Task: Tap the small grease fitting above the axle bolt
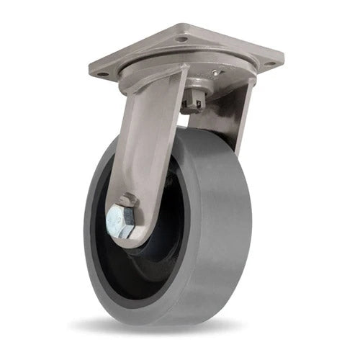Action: pyautogui.click(x=128, y=198)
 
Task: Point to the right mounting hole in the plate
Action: pyautogui.click(x=271, y=63)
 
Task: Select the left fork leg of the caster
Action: pyautogui.click(x=144, y=151)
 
